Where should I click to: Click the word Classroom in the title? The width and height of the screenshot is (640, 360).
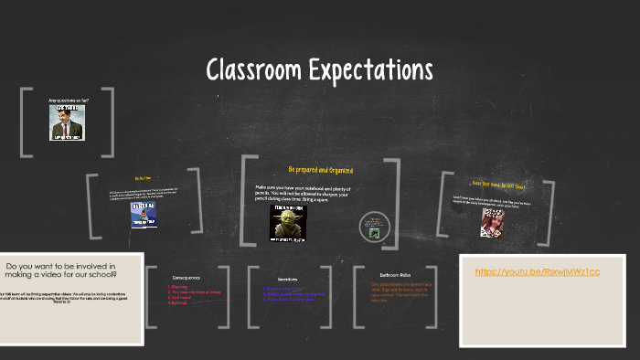[x=259, y=69]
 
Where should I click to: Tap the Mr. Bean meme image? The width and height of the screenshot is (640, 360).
[x=66, y=122]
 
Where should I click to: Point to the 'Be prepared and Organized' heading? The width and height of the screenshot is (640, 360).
[x=320, y=170]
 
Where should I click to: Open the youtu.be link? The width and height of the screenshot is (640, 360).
[x=538, y=272]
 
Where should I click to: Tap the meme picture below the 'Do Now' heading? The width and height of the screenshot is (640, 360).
[x=144, y=214]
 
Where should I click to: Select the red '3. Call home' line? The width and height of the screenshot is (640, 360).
[x=179, y=297]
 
